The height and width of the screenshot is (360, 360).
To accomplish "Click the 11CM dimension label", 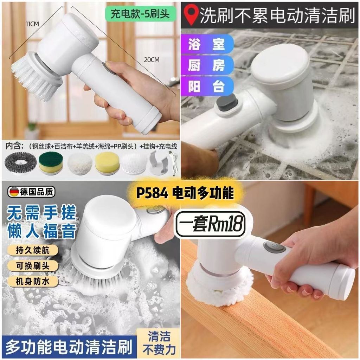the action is [32, 24].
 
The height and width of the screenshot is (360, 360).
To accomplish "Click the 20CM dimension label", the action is [152, 60].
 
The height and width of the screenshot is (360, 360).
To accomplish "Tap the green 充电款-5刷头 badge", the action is [140, 14].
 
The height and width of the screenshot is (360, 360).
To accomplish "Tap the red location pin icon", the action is [192, 15].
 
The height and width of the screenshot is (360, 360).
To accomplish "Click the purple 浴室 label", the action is [207, 44].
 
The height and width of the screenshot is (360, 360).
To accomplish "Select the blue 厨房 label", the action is [207, 65].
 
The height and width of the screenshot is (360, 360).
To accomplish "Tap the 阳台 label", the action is [207, 86].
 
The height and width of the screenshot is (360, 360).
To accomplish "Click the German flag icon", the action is [14, 192].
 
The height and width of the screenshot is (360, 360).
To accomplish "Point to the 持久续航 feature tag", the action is [33, 250].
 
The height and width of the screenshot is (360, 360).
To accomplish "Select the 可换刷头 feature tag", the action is [33, 266].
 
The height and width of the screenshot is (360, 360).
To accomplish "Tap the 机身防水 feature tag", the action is [33, 281].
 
